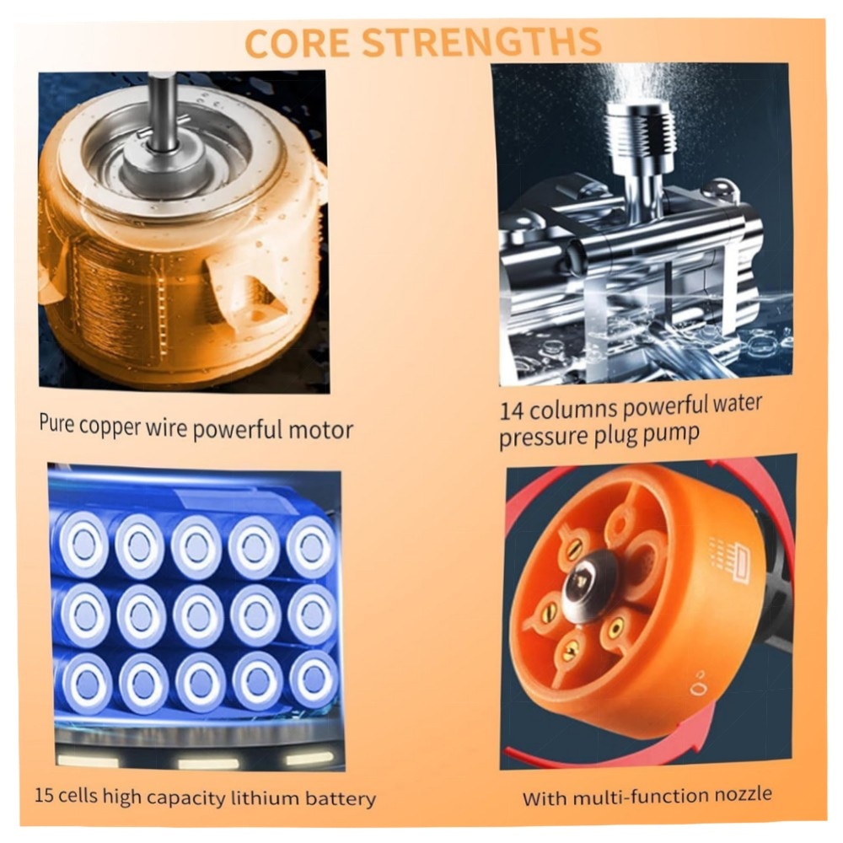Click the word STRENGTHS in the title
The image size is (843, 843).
pos(481,41)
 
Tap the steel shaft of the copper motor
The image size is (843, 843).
pos(162,112)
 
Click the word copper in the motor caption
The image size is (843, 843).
pos(109,427)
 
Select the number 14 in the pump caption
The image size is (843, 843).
pos(512,412)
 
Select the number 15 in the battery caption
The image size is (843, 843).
pos(44,795)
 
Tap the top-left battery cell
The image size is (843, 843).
pos(83,543)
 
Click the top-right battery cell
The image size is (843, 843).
pos(311,545)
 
